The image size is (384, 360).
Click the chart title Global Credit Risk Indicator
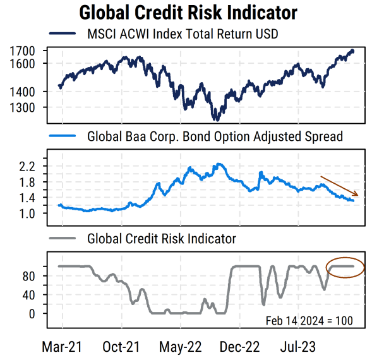188,13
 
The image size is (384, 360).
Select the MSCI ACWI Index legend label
183,33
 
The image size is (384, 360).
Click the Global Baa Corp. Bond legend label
215,136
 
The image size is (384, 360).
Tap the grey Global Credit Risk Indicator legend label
162,239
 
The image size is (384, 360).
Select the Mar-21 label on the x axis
61,347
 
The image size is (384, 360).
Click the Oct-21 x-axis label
121,347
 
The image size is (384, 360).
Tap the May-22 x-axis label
181,347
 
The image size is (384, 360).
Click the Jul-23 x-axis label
299,347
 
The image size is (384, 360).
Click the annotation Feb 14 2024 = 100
309,321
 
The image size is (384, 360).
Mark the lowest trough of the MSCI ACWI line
216,119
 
